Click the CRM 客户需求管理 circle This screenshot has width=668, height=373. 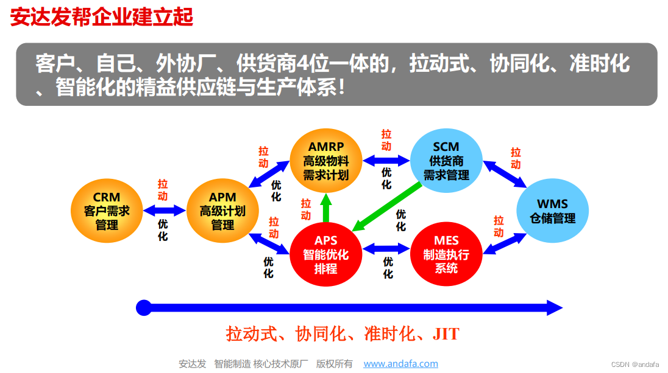tap(107, 210)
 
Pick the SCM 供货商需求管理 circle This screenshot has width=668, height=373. tap(446, 161)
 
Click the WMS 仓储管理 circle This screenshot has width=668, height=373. tap(552, 211)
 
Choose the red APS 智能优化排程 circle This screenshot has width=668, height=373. tap(326, 254)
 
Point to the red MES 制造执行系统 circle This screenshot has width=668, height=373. tap(446, 254)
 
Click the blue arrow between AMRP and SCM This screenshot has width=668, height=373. tap(386, 161)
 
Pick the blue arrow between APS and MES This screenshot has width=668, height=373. tap(386, 248)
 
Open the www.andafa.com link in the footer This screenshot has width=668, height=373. tap(400, 364)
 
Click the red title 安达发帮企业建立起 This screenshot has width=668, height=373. tap(102, 17)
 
